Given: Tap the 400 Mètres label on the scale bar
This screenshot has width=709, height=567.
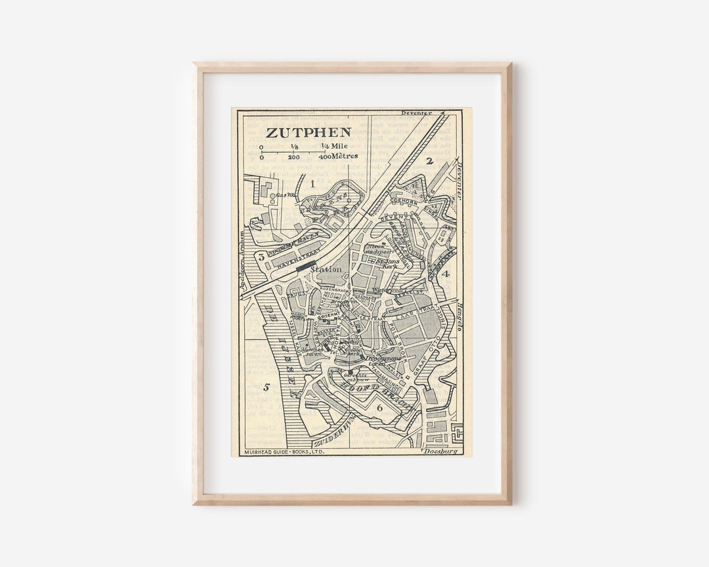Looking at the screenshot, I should pos(338,156).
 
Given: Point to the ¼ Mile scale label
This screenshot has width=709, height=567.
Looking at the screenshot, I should pos(334,146).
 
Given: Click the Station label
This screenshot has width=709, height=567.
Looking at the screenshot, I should pos(326,269).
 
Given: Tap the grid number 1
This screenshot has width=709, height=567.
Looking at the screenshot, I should pos(313,184).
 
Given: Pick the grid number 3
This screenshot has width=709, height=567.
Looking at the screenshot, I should pos(261,257).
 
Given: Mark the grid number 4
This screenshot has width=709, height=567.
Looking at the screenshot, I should pos(445,274).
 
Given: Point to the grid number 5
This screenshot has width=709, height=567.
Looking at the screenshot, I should pos(267,387).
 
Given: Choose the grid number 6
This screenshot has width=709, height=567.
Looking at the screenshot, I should pos(379,408).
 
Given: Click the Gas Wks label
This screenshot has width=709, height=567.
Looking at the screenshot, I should pos(283,195).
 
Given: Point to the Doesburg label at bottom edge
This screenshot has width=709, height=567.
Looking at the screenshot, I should pos(439,451).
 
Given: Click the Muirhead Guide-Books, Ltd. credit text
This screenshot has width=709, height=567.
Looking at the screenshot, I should pos(284,452).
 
